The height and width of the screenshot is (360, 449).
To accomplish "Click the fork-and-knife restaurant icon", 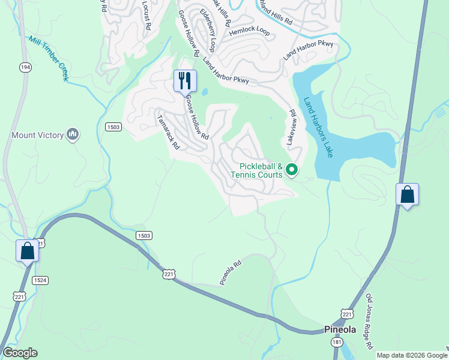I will (x=185, y=80).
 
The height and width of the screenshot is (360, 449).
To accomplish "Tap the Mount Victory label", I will (x=37, y=135).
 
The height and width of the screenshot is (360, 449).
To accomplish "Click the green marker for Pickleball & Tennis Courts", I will (x=292, y=170).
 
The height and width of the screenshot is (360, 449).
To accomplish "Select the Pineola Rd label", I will (x=231, y=272).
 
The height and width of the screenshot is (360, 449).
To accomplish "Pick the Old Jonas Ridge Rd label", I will (x=370, y=321).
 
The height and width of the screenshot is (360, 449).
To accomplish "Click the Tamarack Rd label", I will (x=167, y=133).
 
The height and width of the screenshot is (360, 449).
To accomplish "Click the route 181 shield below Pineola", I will (x=338, y=341).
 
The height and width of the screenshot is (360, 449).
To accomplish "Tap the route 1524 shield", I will (x=40, y=280).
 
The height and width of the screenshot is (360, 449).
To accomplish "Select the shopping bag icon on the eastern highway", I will (x=407, y=195).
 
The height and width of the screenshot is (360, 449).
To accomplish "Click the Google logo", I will (x=20, y=352).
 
